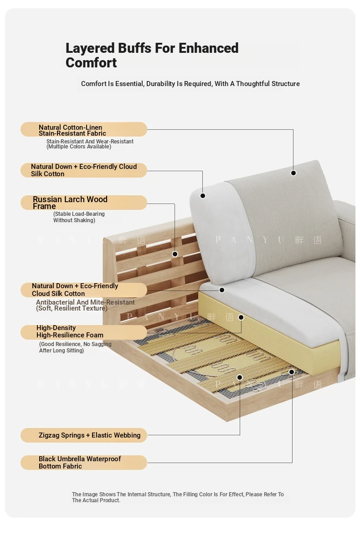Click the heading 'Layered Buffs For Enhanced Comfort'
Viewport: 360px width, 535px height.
(x=152, y=55)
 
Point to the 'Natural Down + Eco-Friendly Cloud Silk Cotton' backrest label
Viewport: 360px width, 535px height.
(x=84, y=170)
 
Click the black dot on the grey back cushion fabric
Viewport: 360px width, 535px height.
(x=293, y=173)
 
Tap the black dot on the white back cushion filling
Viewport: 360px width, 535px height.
(x=202, y=196)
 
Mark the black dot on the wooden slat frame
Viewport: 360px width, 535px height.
(x=175, y=254)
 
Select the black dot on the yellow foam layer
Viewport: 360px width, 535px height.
(x=241, y=317)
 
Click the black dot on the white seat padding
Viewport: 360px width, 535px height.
(x=222, y=290)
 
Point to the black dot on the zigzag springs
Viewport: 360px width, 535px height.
(x=240, y=377)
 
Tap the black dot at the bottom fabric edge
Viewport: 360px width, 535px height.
(x=292, y=372)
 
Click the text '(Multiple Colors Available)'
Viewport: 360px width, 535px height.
(x=79, y=147)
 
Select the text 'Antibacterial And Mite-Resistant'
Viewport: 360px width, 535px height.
(x=85, y=302)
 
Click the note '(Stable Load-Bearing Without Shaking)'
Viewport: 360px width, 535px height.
(x=79, y=217)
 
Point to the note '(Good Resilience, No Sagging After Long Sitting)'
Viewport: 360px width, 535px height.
(x=75, y=347)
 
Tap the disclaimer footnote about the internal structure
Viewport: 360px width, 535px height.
(x=178, y=497)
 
